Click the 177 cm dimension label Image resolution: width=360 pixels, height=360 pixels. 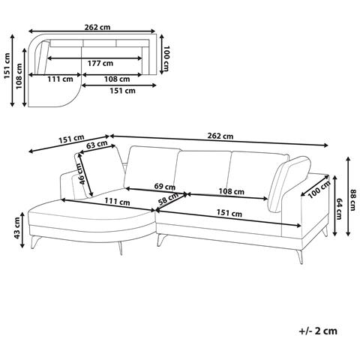pyautogui.click(x=100, y=63)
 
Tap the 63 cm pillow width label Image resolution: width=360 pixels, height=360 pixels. pyautogui.click(x=97, y=144)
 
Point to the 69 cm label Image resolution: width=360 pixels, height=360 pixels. pyautogui.click(x=165, y=186)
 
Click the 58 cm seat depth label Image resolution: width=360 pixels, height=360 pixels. pyautogui.click(x=169, y=199)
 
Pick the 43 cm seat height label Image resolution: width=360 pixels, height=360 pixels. pyautogui.click(x=16, y=227)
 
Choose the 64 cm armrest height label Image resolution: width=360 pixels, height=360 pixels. pyautogui.click(x=339, y=208)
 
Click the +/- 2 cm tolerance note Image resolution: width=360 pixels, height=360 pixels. pyautogui.click(x=318, y=331)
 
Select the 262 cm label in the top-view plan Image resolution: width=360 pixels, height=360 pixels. pyautogui.click(x=97, y=27)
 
